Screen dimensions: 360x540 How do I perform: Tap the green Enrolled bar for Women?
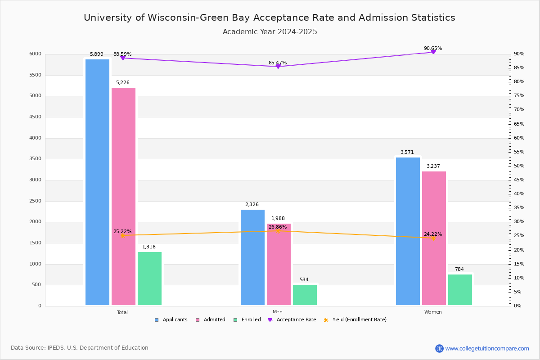pos(460,290)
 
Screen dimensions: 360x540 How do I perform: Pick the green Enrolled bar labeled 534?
pos(305,295)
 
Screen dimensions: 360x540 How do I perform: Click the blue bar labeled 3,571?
pos(408,231)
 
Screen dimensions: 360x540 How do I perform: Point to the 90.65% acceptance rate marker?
pos(433,52)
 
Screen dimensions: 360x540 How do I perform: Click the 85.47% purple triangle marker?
pos(278,67)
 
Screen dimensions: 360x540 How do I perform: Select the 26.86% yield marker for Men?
pos(278,231)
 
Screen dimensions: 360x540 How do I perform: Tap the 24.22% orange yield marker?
pos(433,238)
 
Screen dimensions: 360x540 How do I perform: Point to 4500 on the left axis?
pos(36,117)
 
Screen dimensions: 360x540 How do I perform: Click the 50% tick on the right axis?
pos(519,166)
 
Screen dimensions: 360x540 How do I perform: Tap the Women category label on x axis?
pos(433,312)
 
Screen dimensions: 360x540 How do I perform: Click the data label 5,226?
pos(122,83)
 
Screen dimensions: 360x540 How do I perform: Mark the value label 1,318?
pos(149,247)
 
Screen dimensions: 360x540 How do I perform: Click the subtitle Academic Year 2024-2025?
pos(270,32)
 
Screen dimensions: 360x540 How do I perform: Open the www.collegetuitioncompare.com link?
pos(487,348)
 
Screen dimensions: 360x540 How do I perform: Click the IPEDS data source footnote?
pos(80,348)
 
